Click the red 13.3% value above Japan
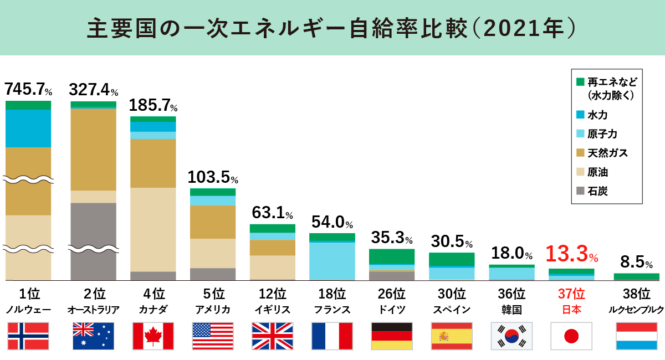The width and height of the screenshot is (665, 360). (x=571, y=254)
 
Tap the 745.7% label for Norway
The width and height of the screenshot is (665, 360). (x=28, y=89)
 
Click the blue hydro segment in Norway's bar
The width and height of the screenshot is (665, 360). (x=28, y=128)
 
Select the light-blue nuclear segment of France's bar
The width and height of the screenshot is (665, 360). (x=332, y=260)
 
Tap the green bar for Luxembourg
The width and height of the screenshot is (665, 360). (x=637, y=276)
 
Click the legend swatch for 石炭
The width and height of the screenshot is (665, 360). (x=580, y=191)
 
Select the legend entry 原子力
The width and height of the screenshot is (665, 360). (x=602, y=134)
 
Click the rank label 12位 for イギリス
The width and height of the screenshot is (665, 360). (x=271, y=293)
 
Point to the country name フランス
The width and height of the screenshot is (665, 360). (x=332, y=309)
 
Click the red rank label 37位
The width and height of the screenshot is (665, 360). (x=571, y=293)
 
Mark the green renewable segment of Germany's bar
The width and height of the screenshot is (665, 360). (x=392, y=256)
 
